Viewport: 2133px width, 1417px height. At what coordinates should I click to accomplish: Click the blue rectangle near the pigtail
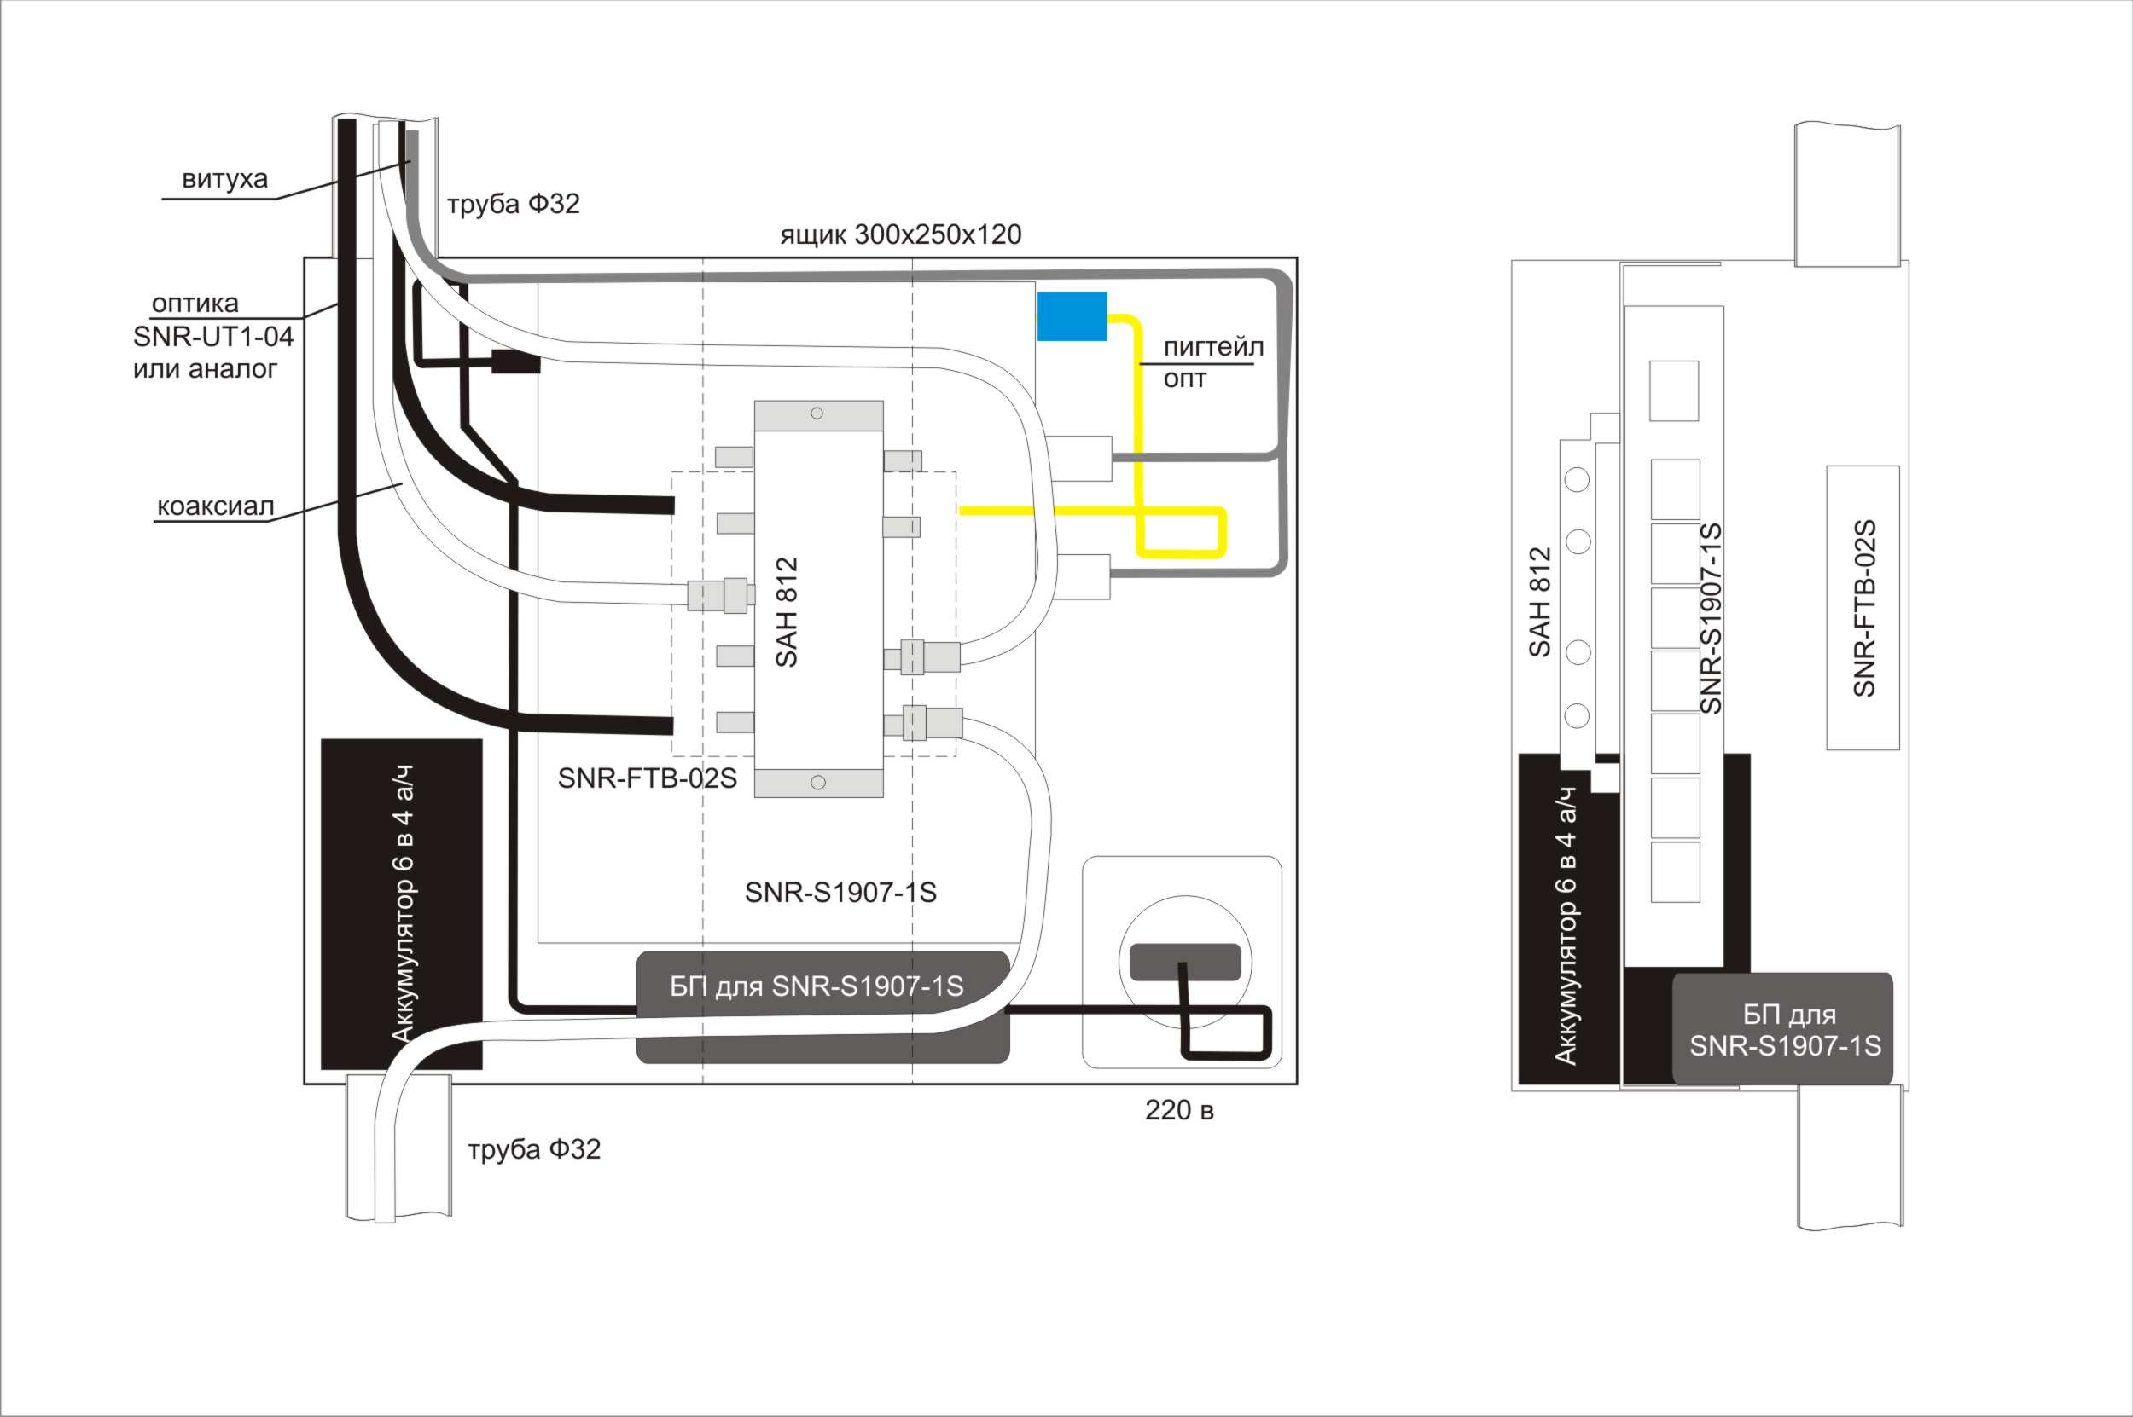coord(1072,316)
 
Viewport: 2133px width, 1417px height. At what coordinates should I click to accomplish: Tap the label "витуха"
coord(224,179)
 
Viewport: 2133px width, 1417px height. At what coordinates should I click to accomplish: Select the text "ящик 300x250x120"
coord(901,235)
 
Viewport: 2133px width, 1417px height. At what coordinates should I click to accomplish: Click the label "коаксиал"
coord(215,506)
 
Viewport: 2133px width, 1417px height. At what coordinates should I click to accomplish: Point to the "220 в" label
coord(1179,1111)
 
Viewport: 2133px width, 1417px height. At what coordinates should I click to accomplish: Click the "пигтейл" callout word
coord(1212,347)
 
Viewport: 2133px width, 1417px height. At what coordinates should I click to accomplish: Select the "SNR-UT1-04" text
coord(212,337)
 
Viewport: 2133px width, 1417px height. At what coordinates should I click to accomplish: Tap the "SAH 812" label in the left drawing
coord(787,612)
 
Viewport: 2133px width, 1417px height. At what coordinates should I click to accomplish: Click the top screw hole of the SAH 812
coord(817,413)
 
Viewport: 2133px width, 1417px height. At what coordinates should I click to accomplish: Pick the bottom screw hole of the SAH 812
coord(817,783)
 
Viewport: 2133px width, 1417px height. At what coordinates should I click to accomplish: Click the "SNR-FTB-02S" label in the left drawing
coord(647,778)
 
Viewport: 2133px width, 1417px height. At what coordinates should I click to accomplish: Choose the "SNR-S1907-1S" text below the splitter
coord(840,893)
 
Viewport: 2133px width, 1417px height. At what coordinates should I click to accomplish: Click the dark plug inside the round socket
coord(1184,962)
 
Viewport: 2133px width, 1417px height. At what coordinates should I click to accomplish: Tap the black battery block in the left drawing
coord(402,904)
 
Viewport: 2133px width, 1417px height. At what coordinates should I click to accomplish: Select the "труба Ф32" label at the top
coord(513,205)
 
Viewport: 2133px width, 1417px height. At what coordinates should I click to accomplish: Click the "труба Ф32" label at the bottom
coord(533,1149)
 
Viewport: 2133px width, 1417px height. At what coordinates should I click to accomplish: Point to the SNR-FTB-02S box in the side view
coord(1863,607)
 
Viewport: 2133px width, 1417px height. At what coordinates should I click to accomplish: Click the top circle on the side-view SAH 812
coord(1577,479)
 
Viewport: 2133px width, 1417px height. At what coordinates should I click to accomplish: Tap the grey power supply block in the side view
coord(1782,1028)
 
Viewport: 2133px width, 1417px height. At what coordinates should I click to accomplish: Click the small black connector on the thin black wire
coord(516,363)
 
